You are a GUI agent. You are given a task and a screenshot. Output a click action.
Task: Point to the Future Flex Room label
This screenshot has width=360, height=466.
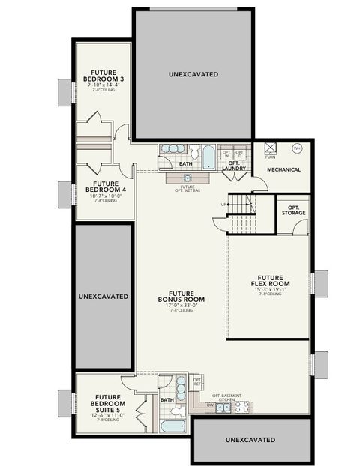(x=270, y=280)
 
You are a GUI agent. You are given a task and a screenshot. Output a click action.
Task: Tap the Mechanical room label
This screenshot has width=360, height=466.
(x=284, y=169)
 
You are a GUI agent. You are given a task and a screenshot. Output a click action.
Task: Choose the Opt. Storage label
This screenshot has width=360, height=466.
(x=293, y=209)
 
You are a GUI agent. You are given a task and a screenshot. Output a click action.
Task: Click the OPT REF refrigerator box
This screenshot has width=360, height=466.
(x=197, y=382)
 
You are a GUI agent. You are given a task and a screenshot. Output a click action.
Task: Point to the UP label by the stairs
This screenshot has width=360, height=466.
(x=222, y=203)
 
